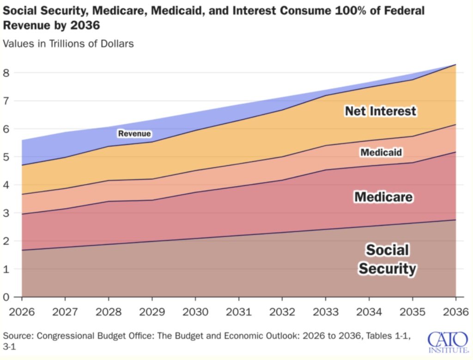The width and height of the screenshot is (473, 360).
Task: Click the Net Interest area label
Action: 381,111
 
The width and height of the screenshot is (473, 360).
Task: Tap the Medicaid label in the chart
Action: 381,152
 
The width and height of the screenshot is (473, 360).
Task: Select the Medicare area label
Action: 383,198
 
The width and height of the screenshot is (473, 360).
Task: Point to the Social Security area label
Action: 388,259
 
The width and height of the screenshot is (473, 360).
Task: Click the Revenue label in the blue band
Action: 134,134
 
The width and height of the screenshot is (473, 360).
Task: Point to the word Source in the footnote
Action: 17,335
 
